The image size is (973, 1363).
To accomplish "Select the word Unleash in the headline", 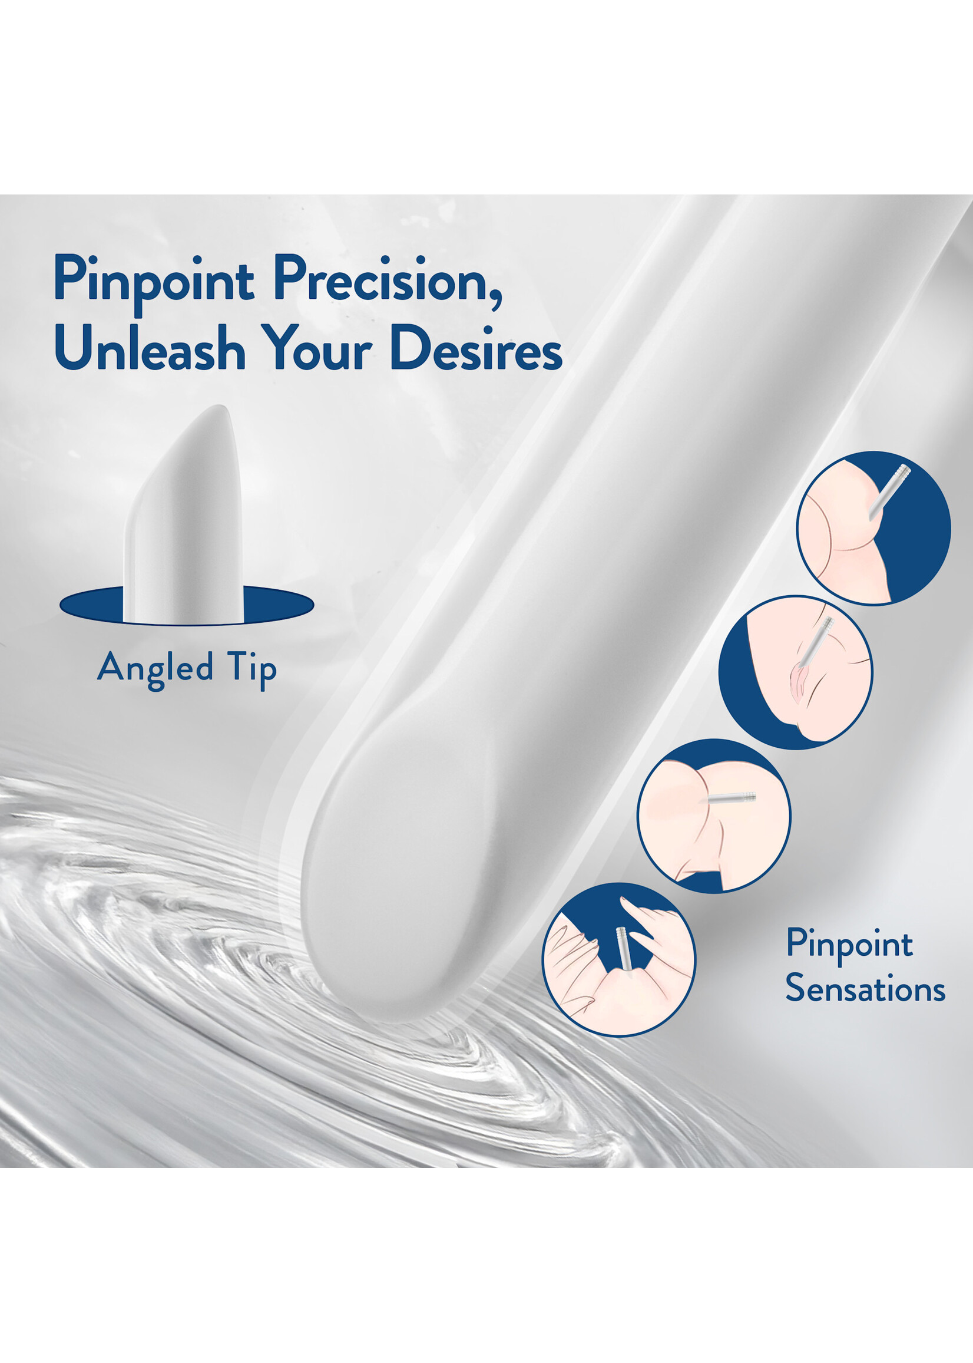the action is (x=150, y=347).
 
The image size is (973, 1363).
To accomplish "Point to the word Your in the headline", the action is (x=319, y=347).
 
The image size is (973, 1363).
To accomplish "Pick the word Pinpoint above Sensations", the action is (x=849, y=945).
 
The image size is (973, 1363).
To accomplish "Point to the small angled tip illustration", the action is (x=183, y=514).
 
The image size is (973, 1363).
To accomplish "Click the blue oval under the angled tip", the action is (x=186, y=606).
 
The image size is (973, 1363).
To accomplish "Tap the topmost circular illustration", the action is (x=873, y=528).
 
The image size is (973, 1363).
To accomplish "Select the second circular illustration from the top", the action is (x=796, y=672).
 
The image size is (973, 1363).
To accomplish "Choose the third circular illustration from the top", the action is (x=714, y=816).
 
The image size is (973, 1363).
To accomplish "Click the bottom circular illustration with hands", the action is (x=620, y=959).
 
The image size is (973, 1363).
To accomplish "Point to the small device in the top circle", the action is (x=890, y=490).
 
